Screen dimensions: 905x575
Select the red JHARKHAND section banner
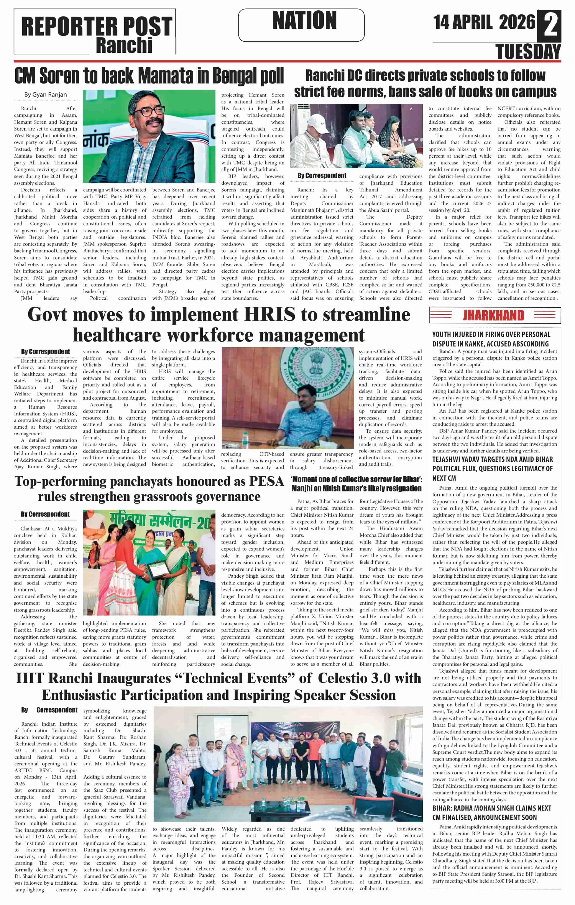[494, 315]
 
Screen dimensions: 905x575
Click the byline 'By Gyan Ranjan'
[46, 95]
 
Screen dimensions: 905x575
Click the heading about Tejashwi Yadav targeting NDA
[492, 468]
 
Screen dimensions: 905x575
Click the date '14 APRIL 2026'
[484, 22]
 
